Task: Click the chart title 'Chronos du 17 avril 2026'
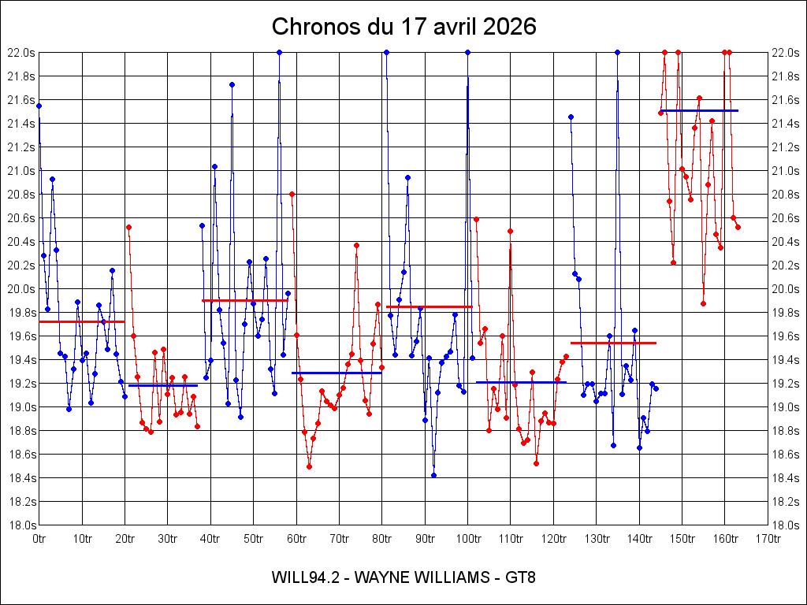pos(403,26)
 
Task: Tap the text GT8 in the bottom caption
pos(521,577)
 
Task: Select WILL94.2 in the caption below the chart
pos(305,577)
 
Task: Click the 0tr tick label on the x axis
pos(39,539)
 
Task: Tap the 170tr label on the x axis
pos(768,539)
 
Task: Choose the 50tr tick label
pos(254,539)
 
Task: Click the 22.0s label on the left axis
pos(21,53)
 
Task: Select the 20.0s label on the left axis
pos(21,289)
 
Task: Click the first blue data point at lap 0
pos(39,106)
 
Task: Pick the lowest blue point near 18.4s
pos(433,475)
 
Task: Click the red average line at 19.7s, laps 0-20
pos(82,321)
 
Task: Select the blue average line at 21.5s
pos(699,110)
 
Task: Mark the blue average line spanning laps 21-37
pos(163,385)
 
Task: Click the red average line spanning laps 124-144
pos(613,343)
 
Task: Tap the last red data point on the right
pos(738,227)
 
